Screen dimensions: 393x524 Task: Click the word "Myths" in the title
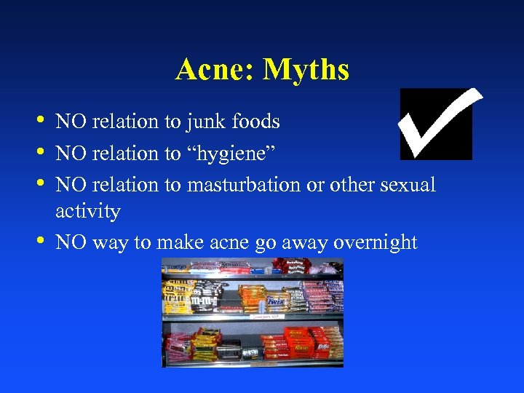click(x=306, y=70)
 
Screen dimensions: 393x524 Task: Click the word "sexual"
click(x=408, y=185)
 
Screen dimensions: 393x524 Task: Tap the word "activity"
click(x=87, y=211)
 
